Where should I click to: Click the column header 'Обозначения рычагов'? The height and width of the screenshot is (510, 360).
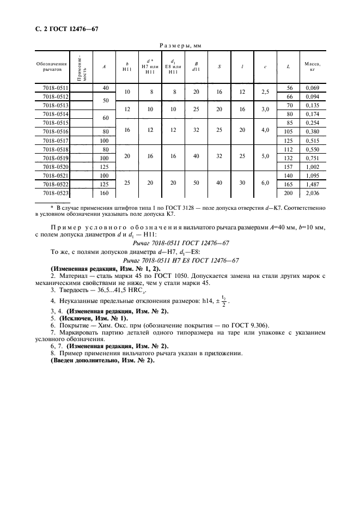coord(51,67)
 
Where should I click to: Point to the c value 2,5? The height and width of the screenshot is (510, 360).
coord(265,92)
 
